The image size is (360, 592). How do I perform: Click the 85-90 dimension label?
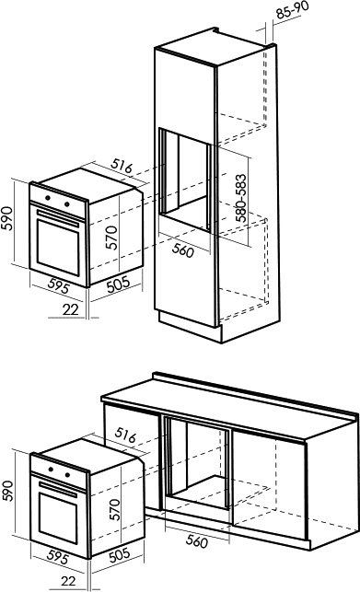coord(293,10)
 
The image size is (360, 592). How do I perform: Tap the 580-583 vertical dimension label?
coord(240,198)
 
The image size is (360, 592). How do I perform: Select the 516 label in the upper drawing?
coord(122,166)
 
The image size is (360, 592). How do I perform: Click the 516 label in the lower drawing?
coord(125,435)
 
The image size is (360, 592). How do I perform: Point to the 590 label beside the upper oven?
coord(6,218)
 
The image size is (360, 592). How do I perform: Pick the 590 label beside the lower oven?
coord(7,491)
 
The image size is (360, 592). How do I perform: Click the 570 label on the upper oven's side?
coord(111,238)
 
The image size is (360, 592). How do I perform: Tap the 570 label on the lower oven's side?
coord(114,509)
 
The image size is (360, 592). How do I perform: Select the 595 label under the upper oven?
coord(59,285)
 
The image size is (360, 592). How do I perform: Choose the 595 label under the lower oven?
coord(58,557)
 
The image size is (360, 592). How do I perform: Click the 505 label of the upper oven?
coord(118,284)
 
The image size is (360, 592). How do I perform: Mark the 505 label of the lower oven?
coord(120,555)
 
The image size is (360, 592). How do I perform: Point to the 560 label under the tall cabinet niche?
coord(183,250)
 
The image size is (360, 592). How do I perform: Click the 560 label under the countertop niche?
coord(197,541)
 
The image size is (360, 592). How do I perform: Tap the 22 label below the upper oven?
coord(71,309)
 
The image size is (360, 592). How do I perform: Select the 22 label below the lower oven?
coord(68,581)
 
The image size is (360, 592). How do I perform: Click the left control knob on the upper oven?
coord(48,197)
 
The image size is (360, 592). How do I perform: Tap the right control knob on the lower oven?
coord(67,474)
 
